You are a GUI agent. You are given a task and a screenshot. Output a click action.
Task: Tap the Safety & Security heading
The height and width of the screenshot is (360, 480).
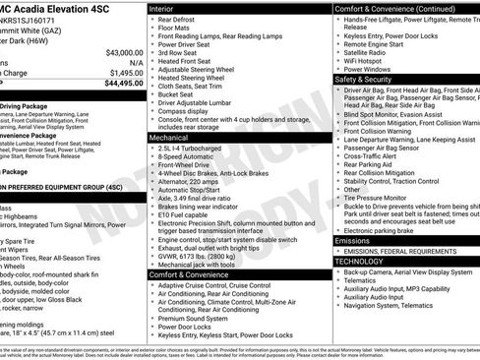pyautogui.click(x=369, y=80)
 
